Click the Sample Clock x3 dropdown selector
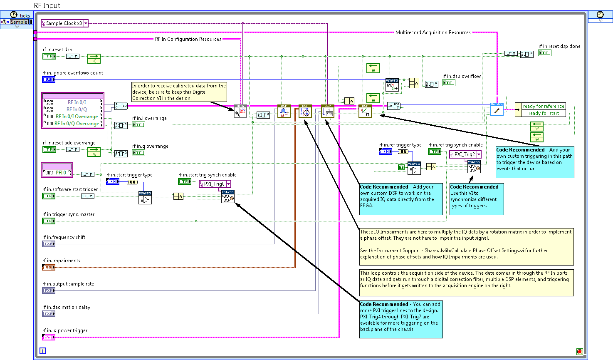[86, 23]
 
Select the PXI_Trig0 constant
[215, 184]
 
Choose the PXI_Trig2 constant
[465, 154]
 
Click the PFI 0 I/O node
[57, 172]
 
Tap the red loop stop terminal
[580, 352]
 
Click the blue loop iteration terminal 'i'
[43, 351]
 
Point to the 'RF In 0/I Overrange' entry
[77, 117]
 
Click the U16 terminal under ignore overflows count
[49, 79]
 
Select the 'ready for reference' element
[543, 106]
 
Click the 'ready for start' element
[543, 113]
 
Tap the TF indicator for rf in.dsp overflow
[449, 83]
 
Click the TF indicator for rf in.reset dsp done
[545, 53]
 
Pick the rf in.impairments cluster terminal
[49, 267]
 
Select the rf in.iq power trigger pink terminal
[49, 337]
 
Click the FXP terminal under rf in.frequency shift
[49, 244]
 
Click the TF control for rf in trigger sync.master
[49, 221]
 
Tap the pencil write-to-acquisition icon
[497, 110]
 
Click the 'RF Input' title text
[47, 5]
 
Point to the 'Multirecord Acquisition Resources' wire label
[433, 32]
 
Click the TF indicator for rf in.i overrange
[138, 125]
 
